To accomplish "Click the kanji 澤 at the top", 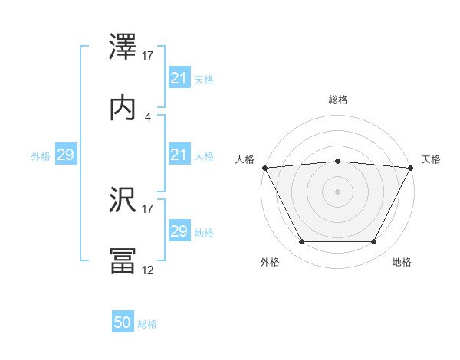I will pos(124,47).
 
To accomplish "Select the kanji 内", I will pos(124,108).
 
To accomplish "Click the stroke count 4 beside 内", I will pos(148,116).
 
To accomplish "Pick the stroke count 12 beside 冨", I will pos(148,270).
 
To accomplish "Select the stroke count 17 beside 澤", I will pos(148,55).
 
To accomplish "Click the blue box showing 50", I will pos(123,323).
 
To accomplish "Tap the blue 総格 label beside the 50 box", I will pos(147,324).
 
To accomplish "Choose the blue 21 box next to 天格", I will pos(179,78).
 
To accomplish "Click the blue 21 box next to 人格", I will pos(179,155).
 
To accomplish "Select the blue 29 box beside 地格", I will pos(179,231).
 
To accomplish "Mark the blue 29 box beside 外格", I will pos(65,155).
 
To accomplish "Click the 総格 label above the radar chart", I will pos(338,100).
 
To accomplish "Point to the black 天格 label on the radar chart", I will pos(432,159).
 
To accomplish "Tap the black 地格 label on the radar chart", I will pos(402,263).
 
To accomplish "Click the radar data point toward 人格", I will pos(264,168).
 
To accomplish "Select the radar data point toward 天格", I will pos(411,168).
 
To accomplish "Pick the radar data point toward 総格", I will pos(338,161).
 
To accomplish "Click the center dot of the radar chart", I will pos(338,191).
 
